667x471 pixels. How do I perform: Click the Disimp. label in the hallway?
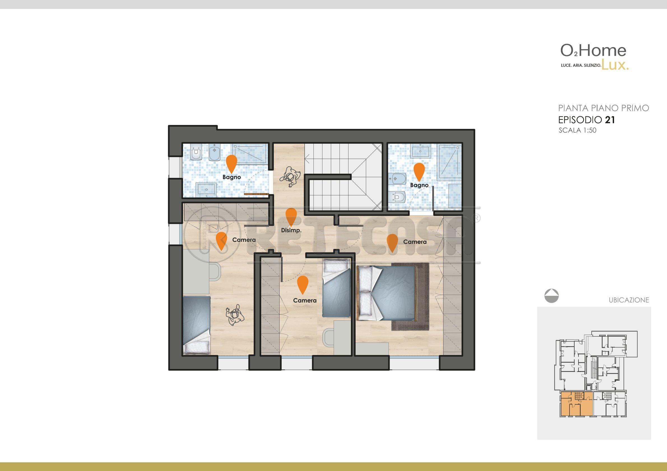click(291, 230)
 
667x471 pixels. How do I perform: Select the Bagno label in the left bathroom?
click(232, 177)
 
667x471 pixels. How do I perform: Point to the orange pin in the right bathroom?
click(419, 172)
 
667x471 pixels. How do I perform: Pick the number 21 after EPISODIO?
click(610, 120)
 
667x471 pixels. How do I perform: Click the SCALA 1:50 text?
click(578, 130)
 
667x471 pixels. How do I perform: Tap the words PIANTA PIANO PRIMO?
click(603, 108)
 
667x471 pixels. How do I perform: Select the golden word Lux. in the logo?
click(615, 65)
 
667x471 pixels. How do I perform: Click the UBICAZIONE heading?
click(629, 300)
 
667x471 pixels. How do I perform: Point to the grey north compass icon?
click(551, 296)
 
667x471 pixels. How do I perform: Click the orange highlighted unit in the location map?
click(576, 404)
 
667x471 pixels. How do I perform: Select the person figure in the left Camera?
click(235, 315)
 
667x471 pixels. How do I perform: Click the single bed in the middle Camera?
click(336, 288)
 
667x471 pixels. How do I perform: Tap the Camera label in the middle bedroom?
click(305, 301)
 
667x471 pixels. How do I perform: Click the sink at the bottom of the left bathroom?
click(206, 190)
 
